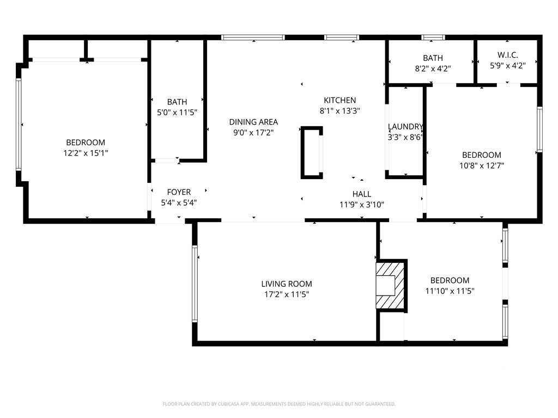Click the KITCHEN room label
339,100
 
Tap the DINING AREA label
253,122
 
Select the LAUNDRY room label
405,127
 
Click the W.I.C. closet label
507,56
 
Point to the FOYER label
179,192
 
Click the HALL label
361,194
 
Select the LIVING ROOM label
286,284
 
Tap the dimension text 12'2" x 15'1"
86,153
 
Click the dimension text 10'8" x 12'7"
481,165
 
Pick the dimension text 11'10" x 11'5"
450,291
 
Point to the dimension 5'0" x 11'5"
177,112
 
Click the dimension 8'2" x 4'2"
433,69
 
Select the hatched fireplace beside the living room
391,285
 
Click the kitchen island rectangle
312,152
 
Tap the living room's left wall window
195,283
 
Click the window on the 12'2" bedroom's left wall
18,125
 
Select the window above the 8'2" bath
433,38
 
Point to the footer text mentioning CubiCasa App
279,404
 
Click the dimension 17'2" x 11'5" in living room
286,294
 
